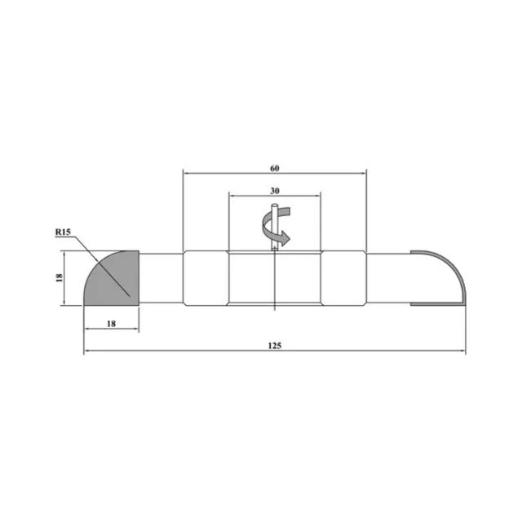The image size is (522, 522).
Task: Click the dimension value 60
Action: (274, 169)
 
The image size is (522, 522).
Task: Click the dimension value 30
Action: (274, 191)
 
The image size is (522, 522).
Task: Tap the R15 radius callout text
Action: (63, 232)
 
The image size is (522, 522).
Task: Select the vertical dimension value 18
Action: (60, 277)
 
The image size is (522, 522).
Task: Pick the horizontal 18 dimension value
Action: (111, 324)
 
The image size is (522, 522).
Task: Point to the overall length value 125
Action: (275, 346)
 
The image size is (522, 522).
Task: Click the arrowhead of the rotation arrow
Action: (285, 238)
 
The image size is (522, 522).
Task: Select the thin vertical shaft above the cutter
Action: (274, 227)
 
